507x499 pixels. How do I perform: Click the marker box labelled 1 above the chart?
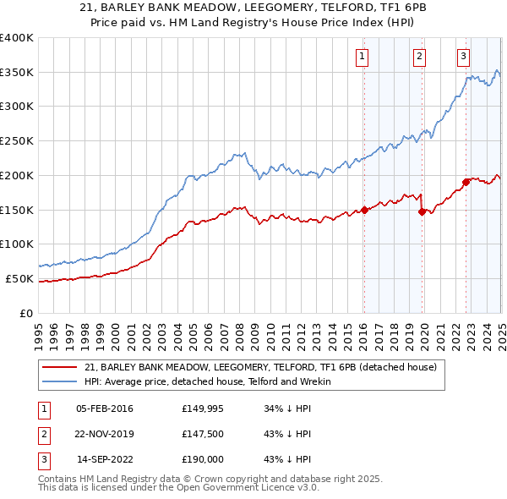click(362, 57)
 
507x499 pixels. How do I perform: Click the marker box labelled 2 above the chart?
click(419, 57)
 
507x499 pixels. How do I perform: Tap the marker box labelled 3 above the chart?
click(464, 57)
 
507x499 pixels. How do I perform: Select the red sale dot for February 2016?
click(364, 210)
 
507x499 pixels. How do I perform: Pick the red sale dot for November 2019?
click(422, 211)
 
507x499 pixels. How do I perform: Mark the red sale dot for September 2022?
click(466, 182)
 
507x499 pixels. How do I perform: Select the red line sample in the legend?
click(60, 368)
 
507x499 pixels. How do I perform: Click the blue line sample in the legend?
click(60, 381)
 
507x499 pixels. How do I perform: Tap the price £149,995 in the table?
click(204, 408)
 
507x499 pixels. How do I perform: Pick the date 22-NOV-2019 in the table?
click(104, 435)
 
